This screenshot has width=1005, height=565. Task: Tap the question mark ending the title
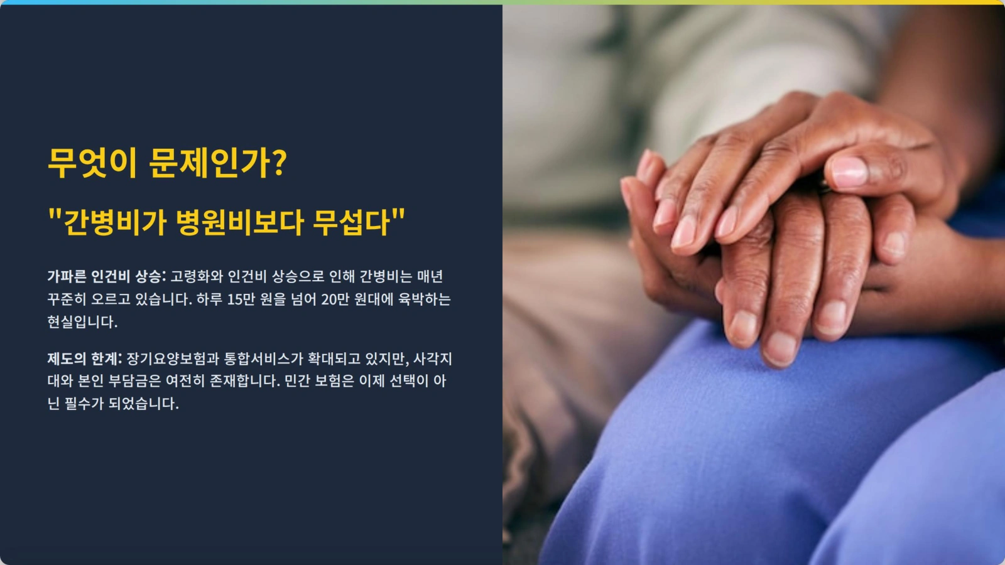280,163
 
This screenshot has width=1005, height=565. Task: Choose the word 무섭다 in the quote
352,222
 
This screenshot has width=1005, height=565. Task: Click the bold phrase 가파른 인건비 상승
106,277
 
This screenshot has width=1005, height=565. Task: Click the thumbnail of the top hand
849,171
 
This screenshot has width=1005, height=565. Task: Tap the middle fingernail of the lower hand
781,347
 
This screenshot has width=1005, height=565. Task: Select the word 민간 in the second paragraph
296,381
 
